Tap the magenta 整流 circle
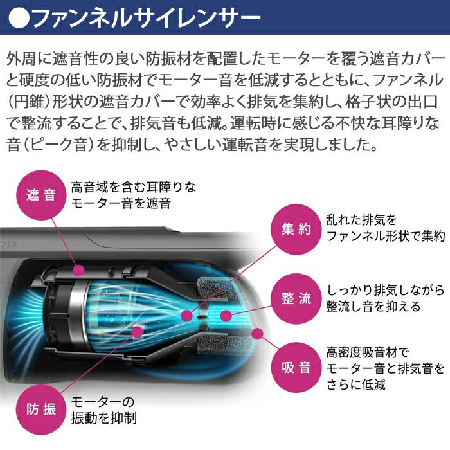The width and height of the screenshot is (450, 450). click(296, 299)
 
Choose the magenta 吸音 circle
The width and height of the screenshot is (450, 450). click(296, 368)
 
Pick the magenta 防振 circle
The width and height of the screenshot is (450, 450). click(40, 410)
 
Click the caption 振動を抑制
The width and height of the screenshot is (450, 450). click(104, 419)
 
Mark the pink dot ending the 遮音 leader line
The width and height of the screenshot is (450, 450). click(79, 270)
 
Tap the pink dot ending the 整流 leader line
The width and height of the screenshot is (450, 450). click(226, 314)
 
